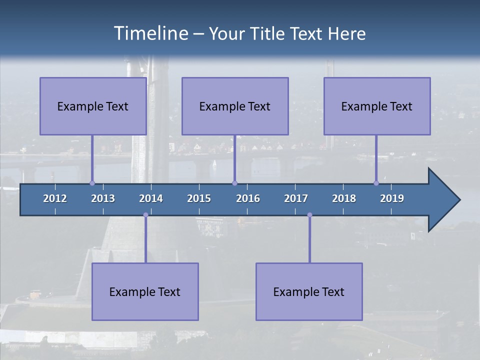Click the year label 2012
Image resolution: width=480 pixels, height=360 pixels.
pos(55,198)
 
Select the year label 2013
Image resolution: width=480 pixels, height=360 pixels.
pos(103,198)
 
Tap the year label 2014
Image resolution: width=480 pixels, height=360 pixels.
pos(151,198)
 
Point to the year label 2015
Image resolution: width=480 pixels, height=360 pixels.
pos(199,198)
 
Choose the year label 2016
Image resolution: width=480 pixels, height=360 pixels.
pos(248,198)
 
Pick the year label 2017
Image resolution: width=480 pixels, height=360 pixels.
pos(296,198)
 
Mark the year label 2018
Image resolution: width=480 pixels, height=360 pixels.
pos(344,198)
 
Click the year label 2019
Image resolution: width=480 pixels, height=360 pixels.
pos(392,198)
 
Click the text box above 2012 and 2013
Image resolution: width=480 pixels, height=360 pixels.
pos(93,106)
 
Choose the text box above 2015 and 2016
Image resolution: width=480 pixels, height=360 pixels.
pos(235,106)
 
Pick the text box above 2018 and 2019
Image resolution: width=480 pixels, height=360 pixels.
pos(377,106)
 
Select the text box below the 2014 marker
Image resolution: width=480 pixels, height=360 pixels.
pos(145,291)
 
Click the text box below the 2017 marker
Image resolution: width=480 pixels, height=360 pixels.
pos(309,291)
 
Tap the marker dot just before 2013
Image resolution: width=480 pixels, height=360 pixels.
pos(92,183)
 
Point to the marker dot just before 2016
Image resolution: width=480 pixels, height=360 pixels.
pos(234,183)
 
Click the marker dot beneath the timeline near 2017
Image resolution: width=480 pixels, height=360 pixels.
pos(309,215)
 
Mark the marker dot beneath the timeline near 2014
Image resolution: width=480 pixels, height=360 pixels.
pos(145,215)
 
